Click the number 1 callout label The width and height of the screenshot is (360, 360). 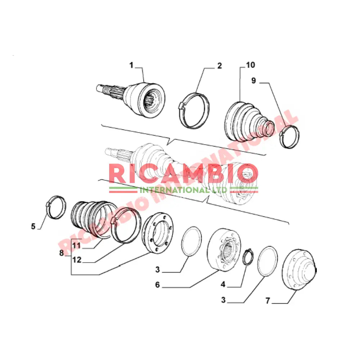(x=131, y=65)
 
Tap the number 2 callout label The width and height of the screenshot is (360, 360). (x=220, y=66)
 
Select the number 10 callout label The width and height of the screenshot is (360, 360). (x=250, y=65)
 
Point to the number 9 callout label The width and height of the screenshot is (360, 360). (x=253, y=81)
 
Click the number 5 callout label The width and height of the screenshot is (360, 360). (x=33, y=226)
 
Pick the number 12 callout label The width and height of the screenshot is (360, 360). (x=76, y=260)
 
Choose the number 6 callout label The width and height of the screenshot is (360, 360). (x=157, y=285)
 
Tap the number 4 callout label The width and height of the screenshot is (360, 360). (x=223, y=284)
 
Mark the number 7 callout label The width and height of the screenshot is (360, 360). (x=267, y=301)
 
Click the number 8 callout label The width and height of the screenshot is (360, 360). (x=62, y=253)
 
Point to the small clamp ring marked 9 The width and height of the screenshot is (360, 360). (x=289, y=137)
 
